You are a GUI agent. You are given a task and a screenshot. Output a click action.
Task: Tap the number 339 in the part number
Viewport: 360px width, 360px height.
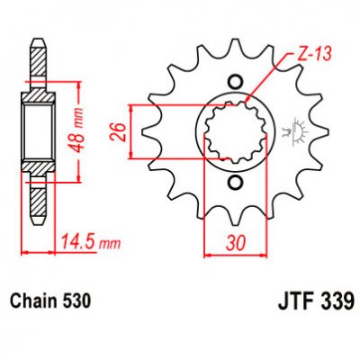333,298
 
